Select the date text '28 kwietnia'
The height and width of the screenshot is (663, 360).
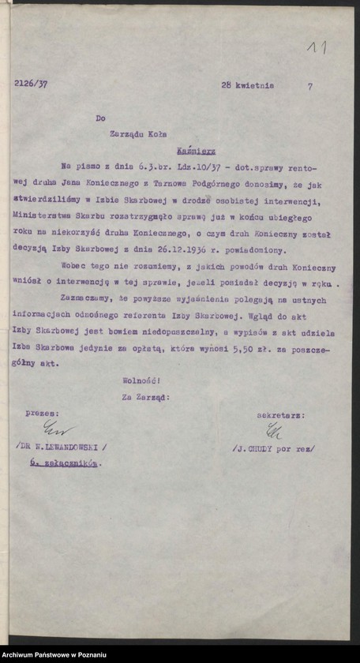248,86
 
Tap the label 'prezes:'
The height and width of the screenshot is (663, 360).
40,412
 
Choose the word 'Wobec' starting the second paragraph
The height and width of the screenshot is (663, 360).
72,268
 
